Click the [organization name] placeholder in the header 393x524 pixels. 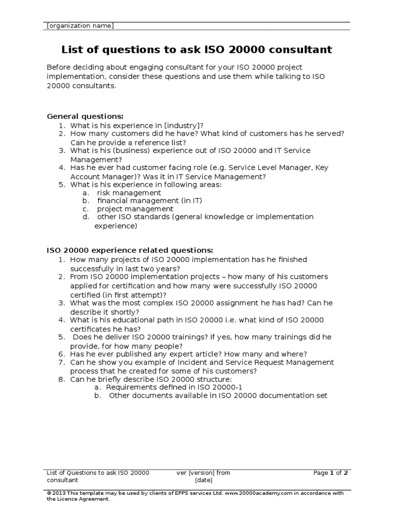coord(80,26)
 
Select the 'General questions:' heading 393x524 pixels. coord(85,116)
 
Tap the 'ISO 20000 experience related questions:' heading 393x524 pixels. coord(129,250)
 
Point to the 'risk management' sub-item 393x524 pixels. coord(129,192)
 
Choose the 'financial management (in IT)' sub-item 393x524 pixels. coord(144,201)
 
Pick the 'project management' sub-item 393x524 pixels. coord(135,209)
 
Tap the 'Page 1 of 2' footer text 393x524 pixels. coord(331,473)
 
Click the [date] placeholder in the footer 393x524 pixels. coord(204,481)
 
